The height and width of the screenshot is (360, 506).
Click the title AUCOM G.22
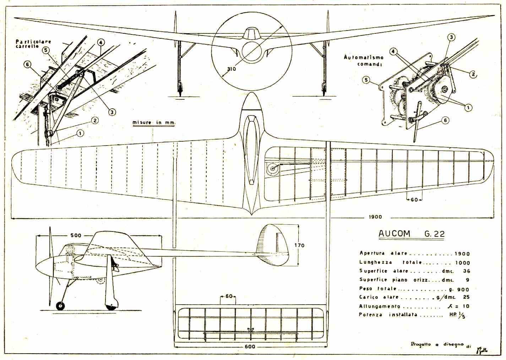[411, 234]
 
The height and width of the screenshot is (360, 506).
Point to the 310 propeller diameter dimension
[231, 69]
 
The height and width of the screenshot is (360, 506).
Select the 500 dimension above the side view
[76, 235]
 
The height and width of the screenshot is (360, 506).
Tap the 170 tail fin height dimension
[299, 245]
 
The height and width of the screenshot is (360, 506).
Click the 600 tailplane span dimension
[250, 346]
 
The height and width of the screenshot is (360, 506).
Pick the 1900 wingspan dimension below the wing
[375, 217]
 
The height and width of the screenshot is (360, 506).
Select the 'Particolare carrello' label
[33, 44]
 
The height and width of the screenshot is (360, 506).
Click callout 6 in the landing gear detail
[28, 64]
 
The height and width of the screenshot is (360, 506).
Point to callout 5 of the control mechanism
[366, 80]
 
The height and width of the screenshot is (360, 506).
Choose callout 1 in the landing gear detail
[80, 133]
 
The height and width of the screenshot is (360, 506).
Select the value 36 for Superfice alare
[466, 271]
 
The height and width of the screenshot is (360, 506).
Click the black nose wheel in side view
[61, 305]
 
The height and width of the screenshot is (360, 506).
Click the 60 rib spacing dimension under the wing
[414, 200]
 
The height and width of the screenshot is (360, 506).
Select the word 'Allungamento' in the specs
[380, 306]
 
